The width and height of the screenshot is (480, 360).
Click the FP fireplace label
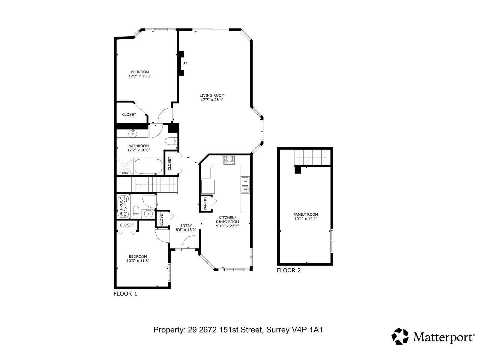point(185,64)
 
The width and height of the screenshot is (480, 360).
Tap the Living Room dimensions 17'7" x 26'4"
point(212,100)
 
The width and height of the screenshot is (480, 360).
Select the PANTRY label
point(205,204)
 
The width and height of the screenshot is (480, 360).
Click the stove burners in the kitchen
point(229,160)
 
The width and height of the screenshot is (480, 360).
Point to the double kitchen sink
point(245,185)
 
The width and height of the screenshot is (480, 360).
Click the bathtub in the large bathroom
point(148,166)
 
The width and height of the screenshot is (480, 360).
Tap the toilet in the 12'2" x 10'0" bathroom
point(171,141)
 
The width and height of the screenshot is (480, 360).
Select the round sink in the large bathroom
point(133,133)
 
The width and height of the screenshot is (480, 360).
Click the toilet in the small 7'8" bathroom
point(136,211)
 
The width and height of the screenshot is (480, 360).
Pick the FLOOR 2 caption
point(289,270)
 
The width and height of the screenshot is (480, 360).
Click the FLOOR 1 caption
point(125,294)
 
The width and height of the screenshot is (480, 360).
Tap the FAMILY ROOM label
point(305,214)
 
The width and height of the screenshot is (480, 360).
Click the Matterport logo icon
point(400,336)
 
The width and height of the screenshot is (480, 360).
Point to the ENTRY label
point(186,226)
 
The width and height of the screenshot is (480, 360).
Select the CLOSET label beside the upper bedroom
point(129,115)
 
